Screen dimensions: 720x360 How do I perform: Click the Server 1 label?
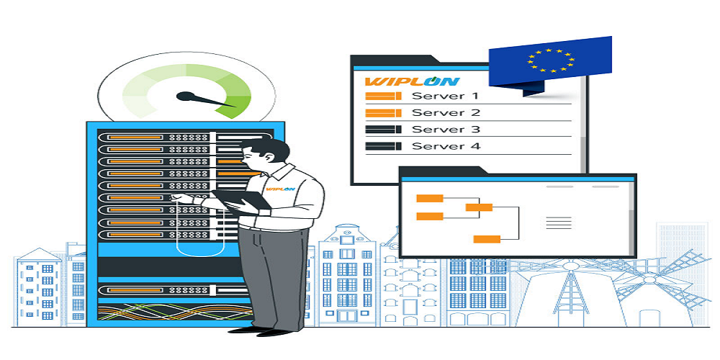(446, 96)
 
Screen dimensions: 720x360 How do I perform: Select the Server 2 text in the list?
(446, 112)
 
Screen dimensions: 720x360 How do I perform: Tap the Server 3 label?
(446, 130)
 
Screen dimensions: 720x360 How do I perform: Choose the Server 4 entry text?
(446, 146)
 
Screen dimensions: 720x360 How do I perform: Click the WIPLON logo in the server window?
(412, 82)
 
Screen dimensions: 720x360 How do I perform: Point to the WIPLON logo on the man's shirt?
(280, 189)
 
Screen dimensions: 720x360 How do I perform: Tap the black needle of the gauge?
(204, 99)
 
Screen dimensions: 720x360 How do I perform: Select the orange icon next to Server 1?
(383, 96)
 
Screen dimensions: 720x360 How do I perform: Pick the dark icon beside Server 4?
(383, 146)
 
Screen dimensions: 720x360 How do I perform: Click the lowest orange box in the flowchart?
(487, 239)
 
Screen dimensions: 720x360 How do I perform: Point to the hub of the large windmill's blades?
(570, 266)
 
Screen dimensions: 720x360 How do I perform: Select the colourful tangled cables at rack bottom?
(175, 312)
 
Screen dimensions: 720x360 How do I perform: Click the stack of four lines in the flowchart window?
(559, 222)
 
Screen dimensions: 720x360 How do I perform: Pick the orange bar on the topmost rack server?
(135, 138)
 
